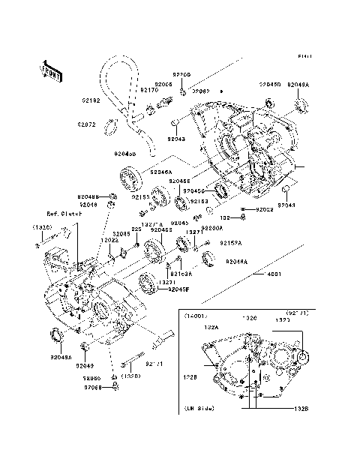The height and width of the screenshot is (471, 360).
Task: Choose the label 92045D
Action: [x=270, y=85]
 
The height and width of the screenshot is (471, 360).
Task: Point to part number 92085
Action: [x=121, y=233]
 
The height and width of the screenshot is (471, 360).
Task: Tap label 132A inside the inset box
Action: [x=212, y=327]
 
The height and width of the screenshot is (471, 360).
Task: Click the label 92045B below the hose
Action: [x=124, y=154]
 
